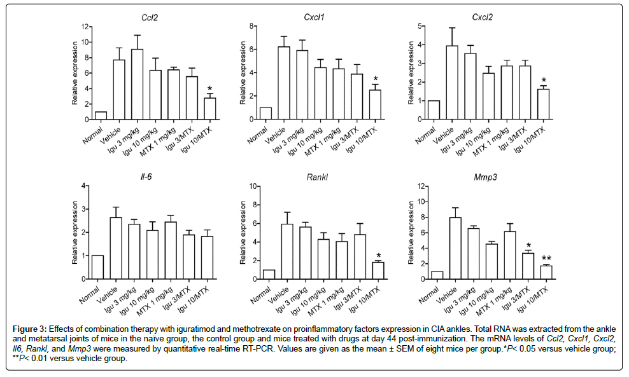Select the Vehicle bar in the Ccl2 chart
(x=118, y=90)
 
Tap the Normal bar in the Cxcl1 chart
(x=265, y=113)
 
